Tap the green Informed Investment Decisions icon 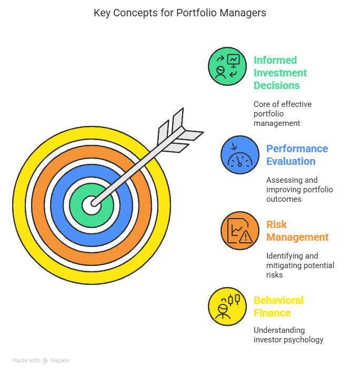(x=227, y=66)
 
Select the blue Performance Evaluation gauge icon (x=240, y=155)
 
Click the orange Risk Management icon (x=240, y=231)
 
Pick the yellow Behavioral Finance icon (x=227, y=307)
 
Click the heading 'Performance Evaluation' (x=297, y=155)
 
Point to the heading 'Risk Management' (x=297, y=231)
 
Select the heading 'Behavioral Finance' (x=278, y=307)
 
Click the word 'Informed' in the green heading (x=275, y=60)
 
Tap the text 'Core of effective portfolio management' (x=283, y=113)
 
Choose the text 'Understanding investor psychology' (x=288, y=334)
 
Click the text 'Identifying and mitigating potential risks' (x=300, y=265)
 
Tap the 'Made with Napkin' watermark (x=41, y=361)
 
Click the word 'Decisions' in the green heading (x=277, y=85)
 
